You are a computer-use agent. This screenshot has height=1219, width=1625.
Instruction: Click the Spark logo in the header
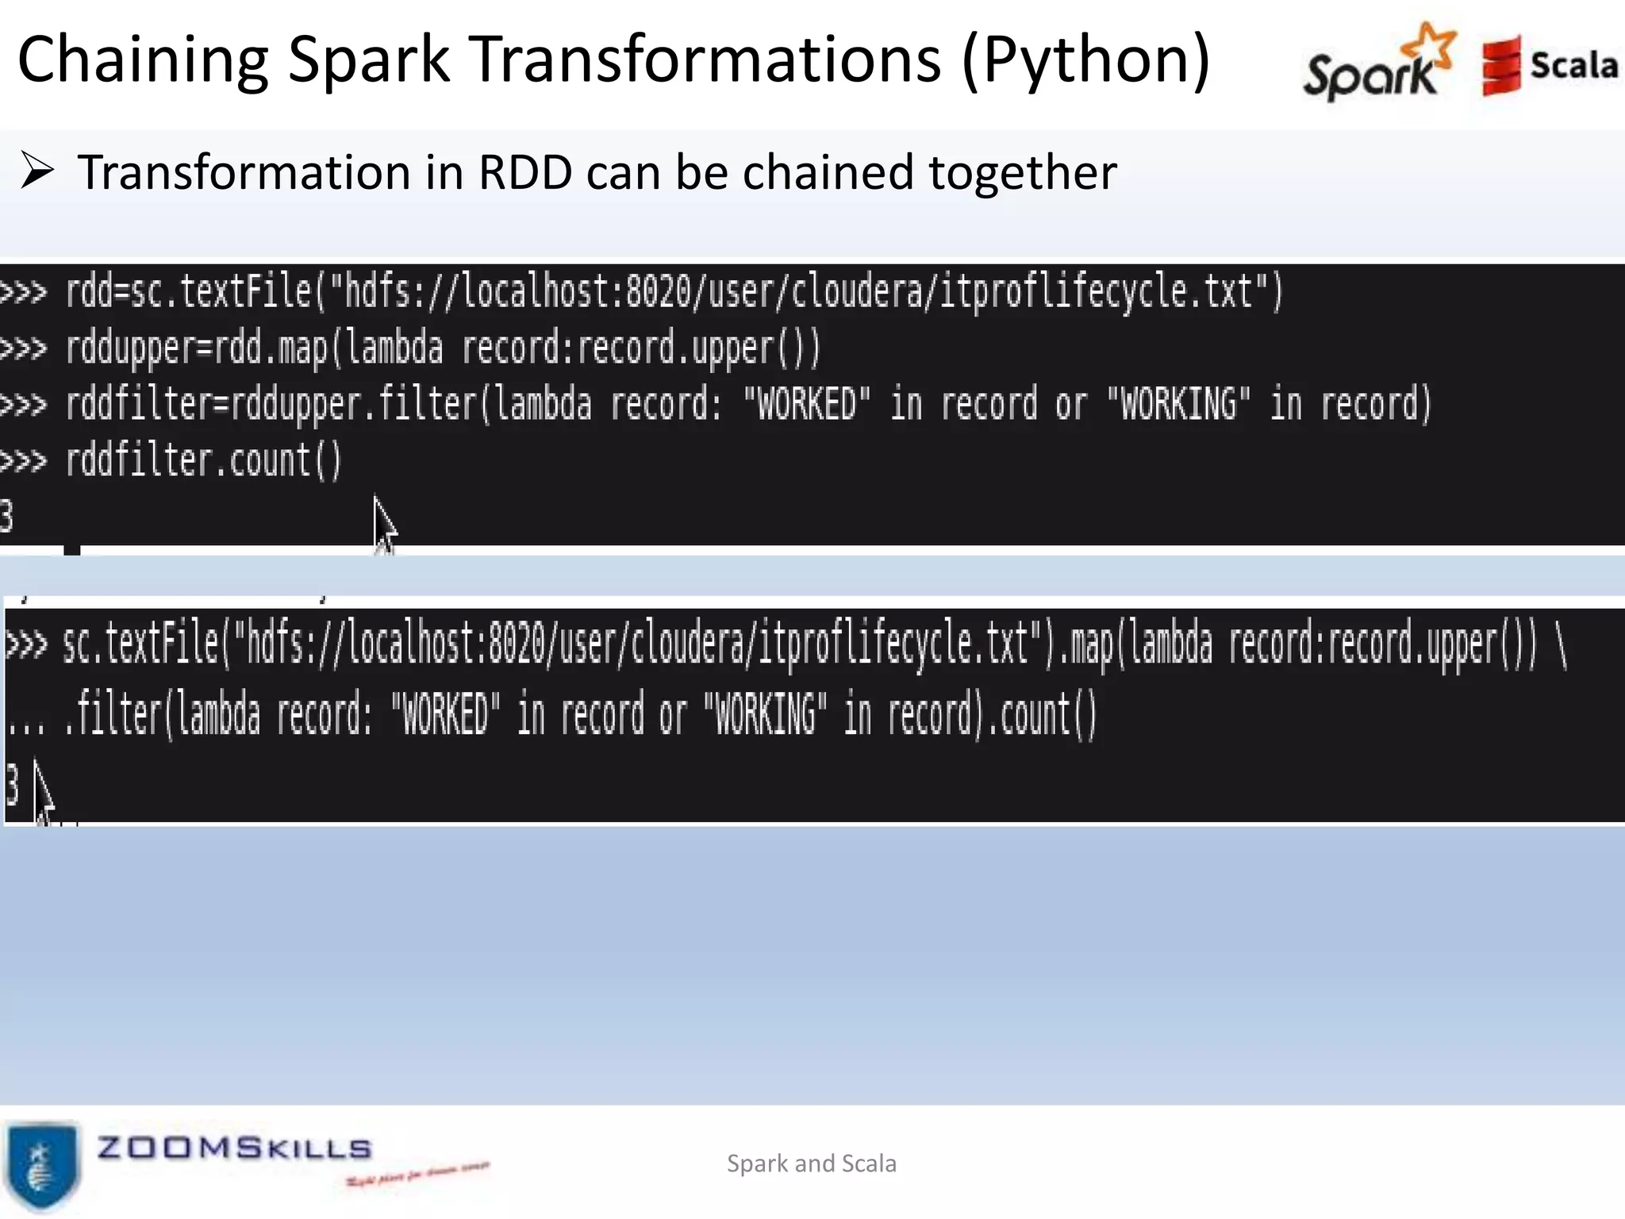point(1379,63)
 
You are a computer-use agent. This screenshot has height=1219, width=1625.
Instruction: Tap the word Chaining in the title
point(144,60)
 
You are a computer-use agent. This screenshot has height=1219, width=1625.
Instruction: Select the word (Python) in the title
point(1085,60)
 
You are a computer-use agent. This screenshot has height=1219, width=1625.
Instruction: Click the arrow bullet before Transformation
point(37,171)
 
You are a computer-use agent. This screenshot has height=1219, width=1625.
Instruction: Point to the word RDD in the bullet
point(525,172)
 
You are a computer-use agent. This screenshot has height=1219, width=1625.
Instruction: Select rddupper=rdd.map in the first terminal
point(196,348)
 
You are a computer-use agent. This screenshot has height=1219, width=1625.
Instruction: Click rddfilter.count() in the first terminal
point(203,461)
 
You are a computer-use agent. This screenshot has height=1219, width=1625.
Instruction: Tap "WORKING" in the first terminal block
point(1178,404)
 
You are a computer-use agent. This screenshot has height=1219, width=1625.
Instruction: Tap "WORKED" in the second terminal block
point(446,713)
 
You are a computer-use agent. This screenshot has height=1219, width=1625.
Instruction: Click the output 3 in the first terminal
point(6,517)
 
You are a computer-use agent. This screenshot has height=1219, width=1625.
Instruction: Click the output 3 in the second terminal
point(12,784)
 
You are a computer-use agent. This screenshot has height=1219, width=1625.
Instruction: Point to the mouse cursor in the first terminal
point(384,524)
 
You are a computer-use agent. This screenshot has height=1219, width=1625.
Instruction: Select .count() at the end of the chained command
point(1041,713)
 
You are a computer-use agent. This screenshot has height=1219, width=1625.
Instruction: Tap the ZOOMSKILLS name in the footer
point(234,1148)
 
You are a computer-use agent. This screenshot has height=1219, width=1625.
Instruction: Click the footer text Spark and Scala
point(812,1163)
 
